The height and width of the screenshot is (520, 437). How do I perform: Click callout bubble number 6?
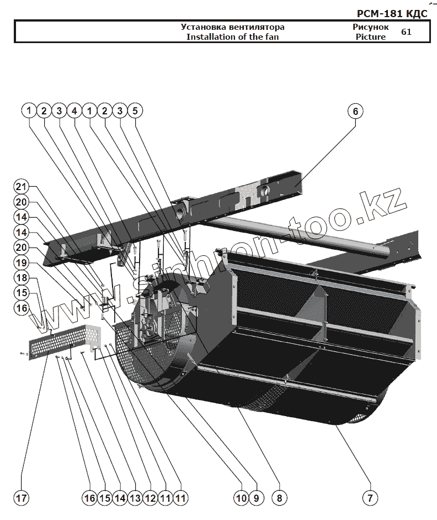[x=355, y=111]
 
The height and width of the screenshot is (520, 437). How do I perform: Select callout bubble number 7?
[x=370, y=498]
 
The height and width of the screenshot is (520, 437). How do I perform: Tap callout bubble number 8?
[x=279, y=498]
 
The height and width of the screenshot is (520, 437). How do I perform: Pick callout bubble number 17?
[x=21, y=498]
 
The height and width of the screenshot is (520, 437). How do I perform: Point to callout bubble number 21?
[x=21, y=186]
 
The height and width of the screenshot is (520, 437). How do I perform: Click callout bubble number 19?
[x=21, y=262]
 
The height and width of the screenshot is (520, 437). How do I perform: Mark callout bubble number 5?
[x=135, y=111]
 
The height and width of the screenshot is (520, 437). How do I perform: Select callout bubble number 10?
[x=241, y=498]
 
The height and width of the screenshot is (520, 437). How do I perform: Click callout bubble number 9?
[x=255, y=498]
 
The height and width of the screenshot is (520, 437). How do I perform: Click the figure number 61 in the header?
[x=406, y=31]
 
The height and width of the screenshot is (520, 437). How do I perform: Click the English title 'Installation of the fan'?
[x=232, y=37]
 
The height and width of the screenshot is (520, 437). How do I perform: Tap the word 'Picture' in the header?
[x=370, y=37]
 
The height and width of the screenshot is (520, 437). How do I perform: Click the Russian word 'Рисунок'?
[x=370, y=27]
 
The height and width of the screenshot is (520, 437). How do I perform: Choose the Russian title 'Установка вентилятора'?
[x=232, y=27]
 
